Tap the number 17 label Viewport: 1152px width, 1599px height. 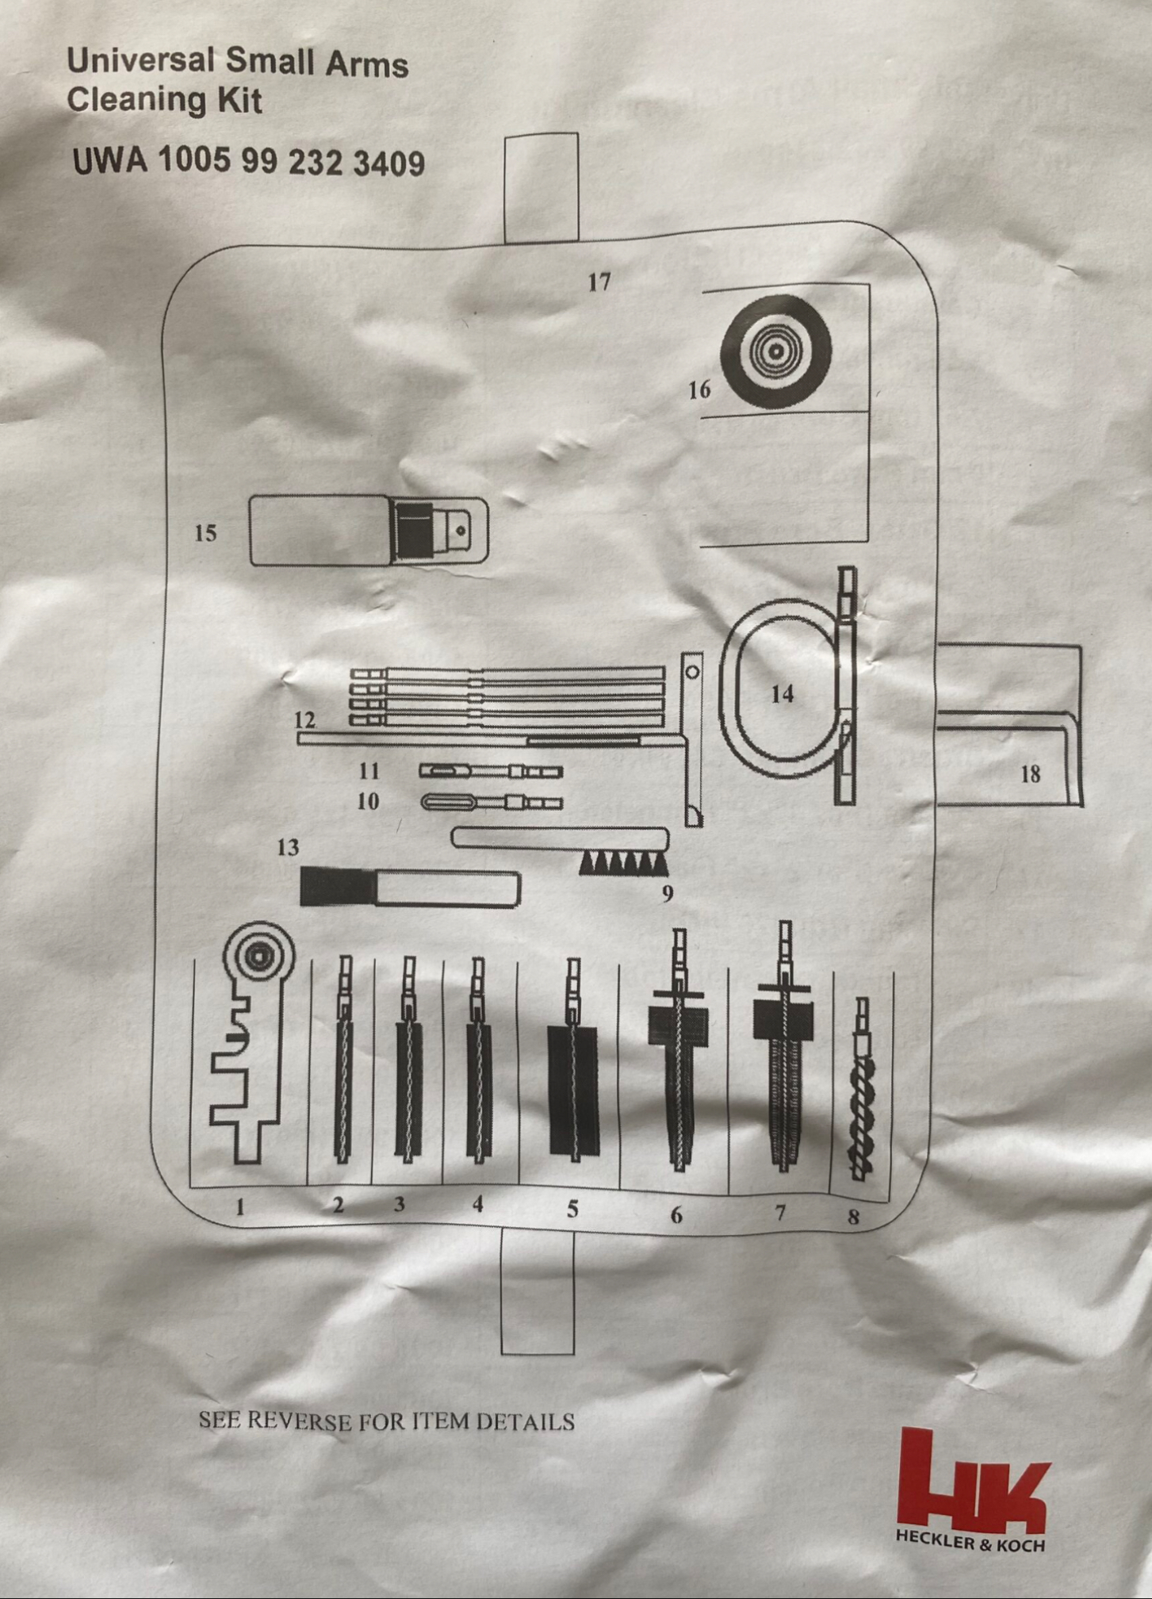pyautogui.click(x=599, y=282)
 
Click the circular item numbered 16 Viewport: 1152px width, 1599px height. pyautogui.click(x=775, y=351)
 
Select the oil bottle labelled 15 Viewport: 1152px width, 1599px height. pyautogui.click(x=368, y=530)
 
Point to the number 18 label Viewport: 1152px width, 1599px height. pyautogui.click(x=1030, y=774)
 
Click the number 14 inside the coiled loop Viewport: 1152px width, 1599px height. pyautogui.click(x=782, y=694)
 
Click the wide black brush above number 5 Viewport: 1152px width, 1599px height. pyautogui.click(x=573, y=1091)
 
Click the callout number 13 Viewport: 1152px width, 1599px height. pyautogui.click(x=288, y=848)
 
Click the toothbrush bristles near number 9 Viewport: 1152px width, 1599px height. pyautogui.click(x=623, y=863)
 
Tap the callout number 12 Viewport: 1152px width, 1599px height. pyautogui.click(x=304, y=720)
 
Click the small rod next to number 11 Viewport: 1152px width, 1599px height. pyautogui.click(x=491, y=771)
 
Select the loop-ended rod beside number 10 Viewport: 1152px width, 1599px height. pyautogui.click(x=491, y=802)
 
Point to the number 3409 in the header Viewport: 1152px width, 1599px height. pyautogui.click(x=388, y=163)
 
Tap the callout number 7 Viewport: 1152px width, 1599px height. pyautogui.click(x=780, y=1213)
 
